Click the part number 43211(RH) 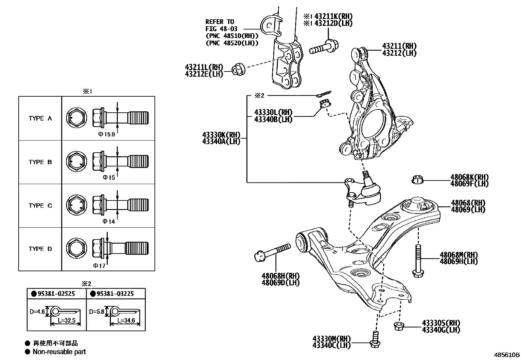tap(399, 46)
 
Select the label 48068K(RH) tap(469, 177)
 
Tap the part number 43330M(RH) tap(331, 338)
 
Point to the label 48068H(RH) tap(280, 276)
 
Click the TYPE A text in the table tap(40, 118)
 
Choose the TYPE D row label tap(40, 249)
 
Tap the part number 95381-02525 tap(56, 294)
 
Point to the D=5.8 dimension tap(97, 312)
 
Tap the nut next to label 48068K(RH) tap(417, 180)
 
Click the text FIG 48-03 tap(222, 29)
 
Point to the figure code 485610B tap(507, 355)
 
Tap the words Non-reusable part tap(59, 352)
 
